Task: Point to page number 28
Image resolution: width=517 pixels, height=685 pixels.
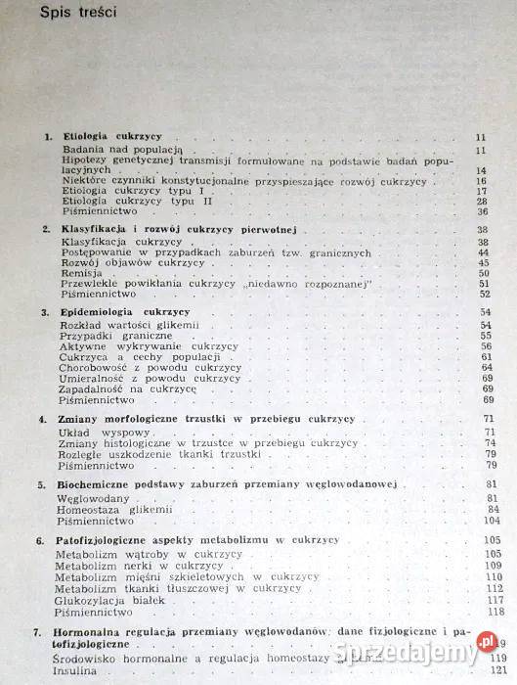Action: coord(480,201)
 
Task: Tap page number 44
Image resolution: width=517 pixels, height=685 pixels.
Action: coord(480,251)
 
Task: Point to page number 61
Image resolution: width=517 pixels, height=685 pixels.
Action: coord(480,357)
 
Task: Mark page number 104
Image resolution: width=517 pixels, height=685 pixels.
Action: coord(478,520)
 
